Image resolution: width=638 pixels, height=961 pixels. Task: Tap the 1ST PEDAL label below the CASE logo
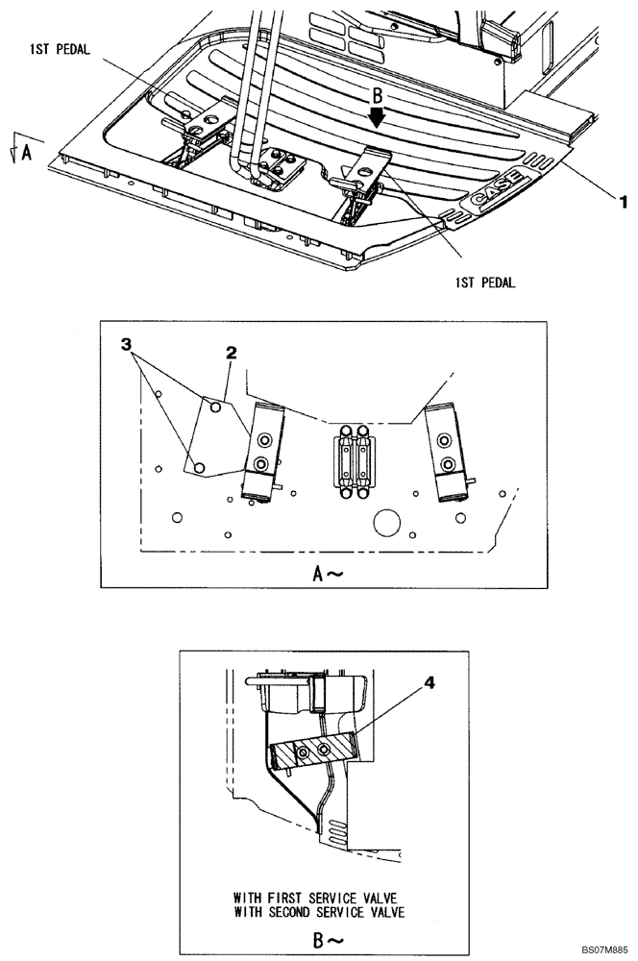pyautogui.click(x=485, y=283)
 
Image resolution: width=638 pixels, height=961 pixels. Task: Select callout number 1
pyautogui.click(x=622, y=202)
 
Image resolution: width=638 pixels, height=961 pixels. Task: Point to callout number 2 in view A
pyautogui.click(x=231, y=355)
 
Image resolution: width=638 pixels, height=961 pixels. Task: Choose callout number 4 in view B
pyautogui.click(x=429, y=683)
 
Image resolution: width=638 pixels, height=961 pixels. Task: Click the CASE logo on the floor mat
pyautogui.click(x=496, y=188)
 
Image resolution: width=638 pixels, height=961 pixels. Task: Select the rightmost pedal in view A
pyautogui.click(x=446, y=452)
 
